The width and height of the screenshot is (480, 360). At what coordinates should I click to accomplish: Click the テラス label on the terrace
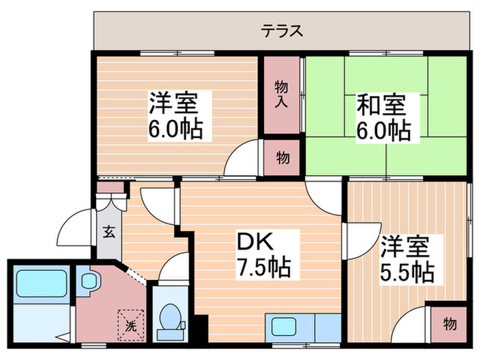click(x=282, y=31)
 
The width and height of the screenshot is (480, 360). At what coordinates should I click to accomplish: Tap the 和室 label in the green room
click(x=381, y=106)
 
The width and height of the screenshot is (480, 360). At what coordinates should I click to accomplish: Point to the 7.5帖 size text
click(x=264, y=266)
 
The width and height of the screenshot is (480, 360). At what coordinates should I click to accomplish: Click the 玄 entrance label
click(x=108, y=231)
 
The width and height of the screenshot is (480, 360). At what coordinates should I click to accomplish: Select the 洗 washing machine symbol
click(x=130, y=322)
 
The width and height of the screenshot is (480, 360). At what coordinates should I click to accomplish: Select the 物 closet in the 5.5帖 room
click(x=448, y=324)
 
